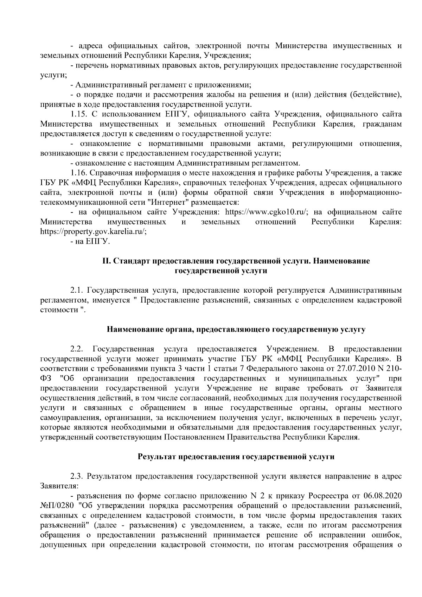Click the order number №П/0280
[x=57, y=506]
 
